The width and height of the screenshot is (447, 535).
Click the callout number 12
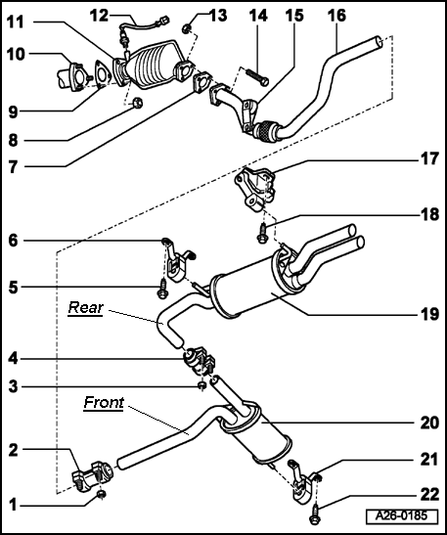(100, 16)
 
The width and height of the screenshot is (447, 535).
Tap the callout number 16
(336, 16)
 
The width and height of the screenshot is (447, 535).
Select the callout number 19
(429, 314)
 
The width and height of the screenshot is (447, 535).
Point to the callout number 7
(13, 167)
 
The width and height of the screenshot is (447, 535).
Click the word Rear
(86, 307)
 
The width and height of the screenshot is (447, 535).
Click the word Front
(104, 402)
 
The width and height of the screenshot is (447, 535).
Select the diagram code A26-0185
(402, 515)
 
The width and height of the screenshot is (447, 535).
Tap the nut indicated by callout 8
(137, 103)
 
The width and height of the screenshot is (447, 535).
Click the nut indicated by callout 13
(186, 28)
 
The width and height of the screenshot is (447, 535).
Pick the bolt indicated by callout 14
(257, 77)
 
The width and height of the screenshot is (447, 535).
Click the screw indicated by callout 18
(262, 233)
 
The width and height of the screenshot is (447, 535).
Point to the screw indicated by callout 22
(315, 515)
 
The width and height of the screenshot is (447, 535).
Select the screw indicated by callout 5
(162, 289)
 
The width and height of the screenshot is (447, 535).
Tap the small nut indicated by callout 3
(202, 386)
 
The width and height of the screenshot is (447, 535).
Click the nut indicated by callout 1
(101, 494)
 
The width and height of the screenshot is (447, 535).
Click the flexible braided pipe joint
(267, 131)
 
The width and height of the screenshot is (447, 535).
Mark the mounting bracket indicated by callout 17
(254, 189)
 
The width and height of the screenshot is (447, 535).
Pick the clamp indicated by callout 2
(93, 475)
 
